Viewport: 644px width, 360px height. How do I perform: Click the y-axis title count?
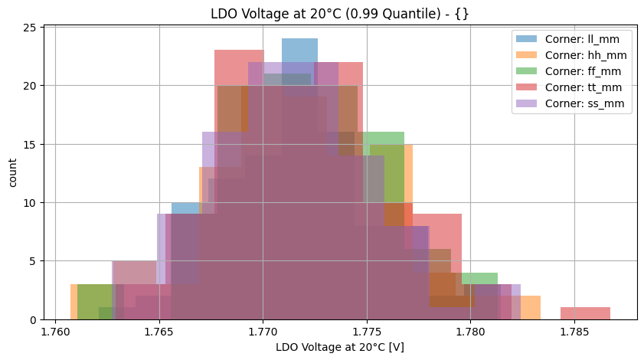[12, 172]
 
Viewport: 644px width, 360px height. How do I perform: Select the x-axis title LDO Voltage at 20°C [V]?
[340, 348]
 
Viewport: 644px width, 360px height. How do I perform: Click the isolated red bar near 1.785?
[585, 313]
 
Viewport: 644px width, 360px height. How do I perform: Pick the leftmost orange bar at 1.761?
[74, 303]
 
